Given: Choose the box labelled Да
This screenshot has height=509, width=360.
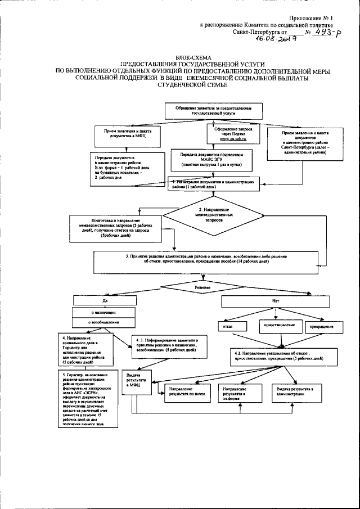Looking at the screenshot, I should tap(105, 301).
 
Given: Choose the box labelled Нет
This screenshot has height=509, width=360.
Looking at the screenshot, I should tap(276, 301).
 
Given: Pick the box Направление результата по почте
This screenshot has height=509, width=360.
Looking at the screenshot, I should tap(183, 391).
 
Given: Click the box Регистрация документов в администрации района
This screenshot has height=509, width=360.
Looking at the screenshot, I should tap(213, 184).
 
